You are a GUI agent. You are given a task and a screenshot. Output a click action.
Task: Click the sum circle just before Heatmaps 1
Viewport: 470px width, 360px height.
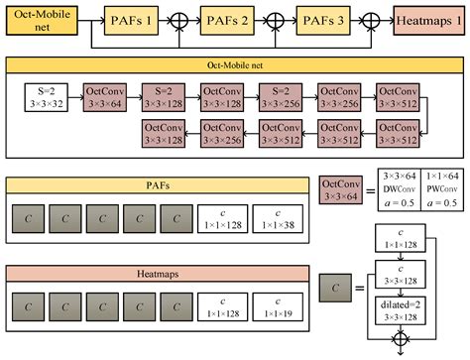point(376,20)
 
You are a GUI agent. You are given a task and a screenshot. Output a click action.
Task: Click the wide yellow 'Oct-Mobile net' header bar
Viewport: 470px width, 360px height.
point(234,65)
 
